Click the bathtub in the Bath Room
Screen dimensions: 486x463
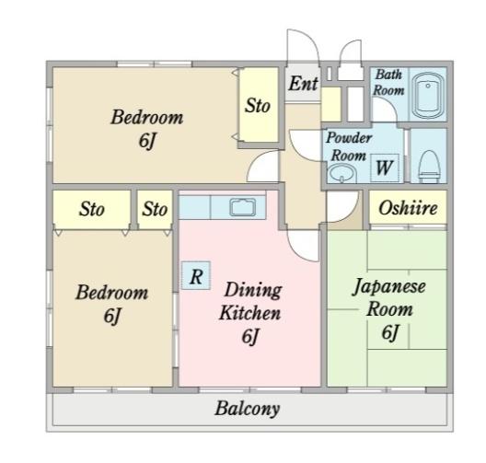point(428,95)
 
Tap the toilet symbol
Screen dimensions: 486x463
point(429,167)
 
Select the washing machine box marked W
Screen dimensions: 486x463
point(385,168)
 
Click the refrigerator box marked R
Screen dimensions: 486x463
point(196,276)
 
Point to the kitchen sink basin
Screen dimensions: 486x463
point(243,207)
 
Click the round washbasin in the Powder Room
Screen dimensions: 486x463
point(341,174)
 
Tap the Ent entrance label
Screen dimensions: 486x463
point(304,84)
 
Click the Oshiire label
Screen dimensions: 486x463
point(408,208)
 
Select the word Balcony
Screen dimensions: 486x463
point(248,409)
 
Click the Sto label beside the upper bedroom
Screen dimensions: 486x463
point(258,105)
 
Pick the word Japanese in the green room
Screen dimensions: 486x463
point(389,286)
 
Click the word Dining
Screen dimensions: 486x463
point(253,290)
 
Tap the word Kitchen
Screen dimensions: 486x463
point(250,313)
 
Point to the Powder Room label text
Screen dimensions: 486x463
point(349,146)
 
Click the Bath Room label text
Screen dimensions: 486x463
point(389,83)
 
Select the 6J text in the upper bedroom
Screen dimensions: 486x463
point(147,141)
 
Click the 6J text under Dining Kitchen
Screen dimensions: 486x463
point(250,337)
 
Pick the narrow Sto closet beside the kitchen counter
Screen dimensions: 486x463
point(155,210)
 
